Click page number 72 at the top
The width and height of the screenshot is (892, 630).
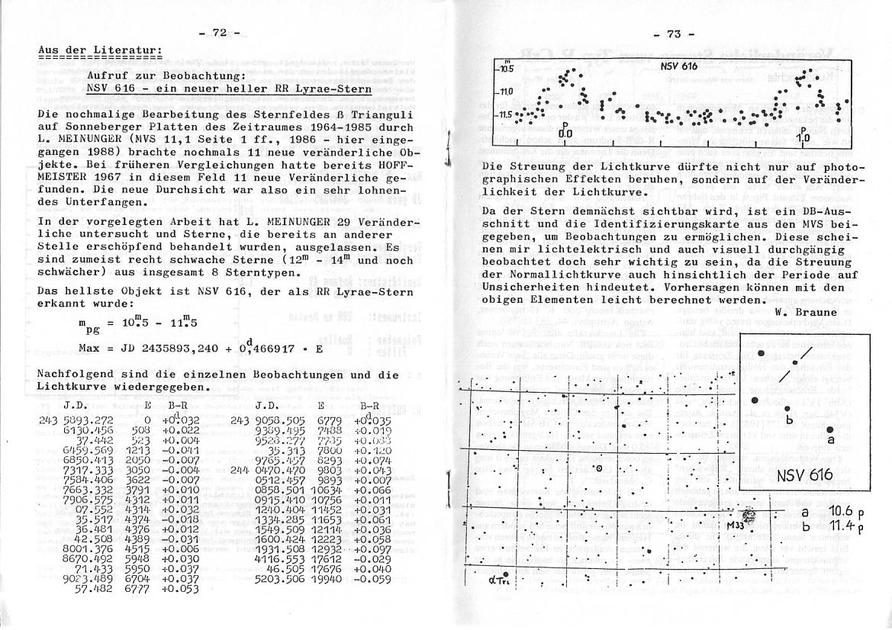pyautogui.click(x=219, y=32)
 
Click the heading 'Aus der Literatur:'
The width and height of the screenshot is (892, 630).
pyautogui.click(x=99, y=50)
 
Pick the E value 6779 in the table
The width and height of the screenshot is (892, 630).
pyautogui.click(x=321, y=419)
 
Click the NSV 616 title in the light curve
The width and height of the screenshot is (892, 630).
pyautogui.click(x=679, y=66)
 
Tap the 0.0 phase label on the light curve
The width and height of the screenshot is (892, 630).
pyautogui.click(x=565, y=133)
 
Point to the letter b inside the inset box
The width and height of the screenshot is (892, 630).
pyautogui.click(x=790, y=420)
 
